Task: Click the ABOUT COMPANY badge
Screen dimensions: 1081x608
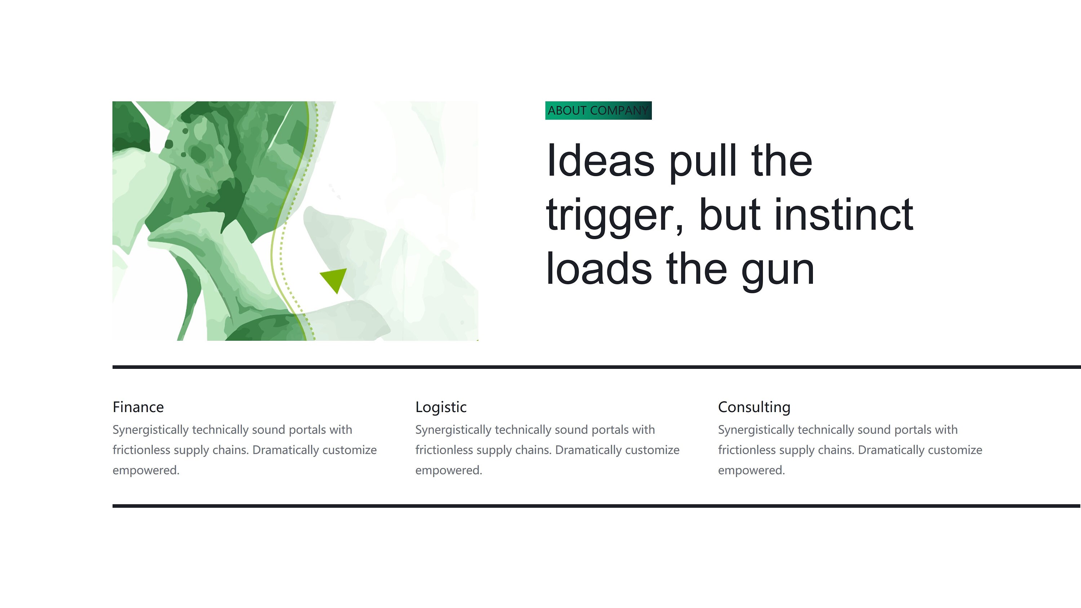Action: [x=599, y=110]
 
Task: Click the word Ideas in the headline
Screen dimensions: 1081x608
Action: [x=601, y=161]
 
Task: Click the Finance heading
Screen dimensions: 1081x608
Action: [x=138, y=407]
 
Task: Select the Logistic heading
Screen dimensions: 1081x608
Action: [x=441, y=407]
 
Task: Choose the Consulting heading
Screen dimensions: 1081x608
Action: [x=754, y=407]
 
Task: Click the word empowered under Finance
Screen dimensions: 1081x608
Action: [x=146, y=470]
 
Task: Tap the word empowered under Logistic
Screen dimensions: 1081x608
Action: [x=449, y=470]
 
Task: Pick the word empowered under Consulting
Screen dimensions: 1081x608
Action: [x=751, y=470]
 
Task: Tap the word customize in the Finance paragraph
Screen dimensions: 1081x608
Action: [x=350, y=450]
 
